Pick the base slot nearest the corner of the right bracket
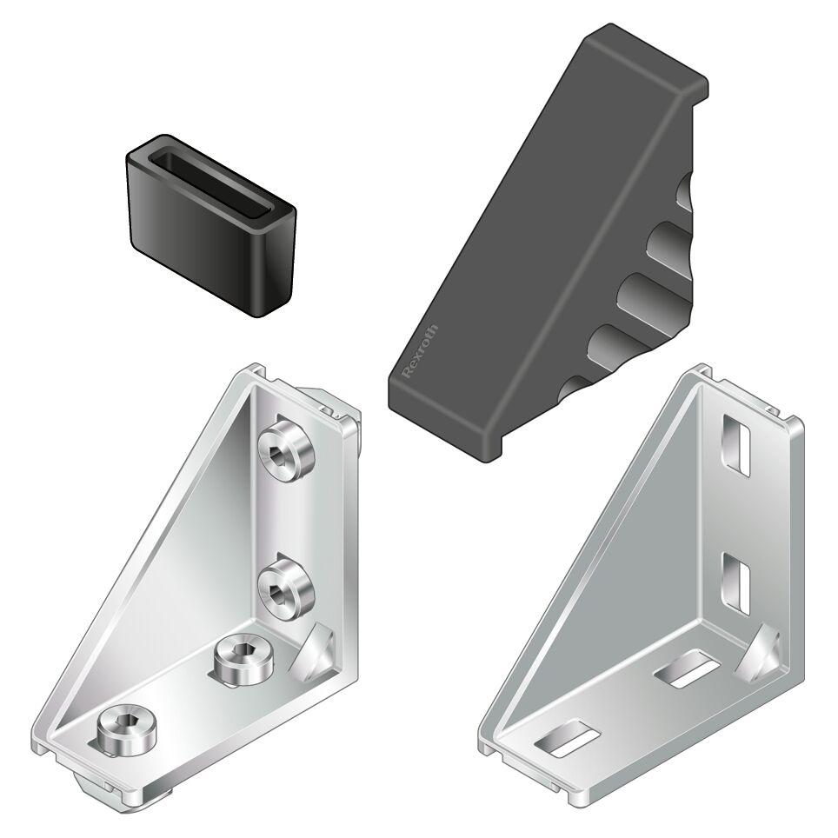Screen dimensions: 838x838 [x=687, y=668]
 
